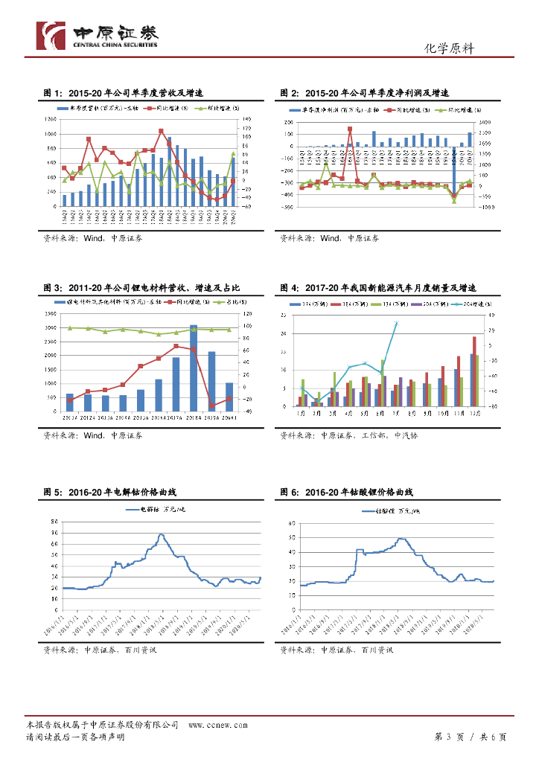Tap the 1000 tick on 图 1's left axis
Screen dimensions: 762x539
(51, 134)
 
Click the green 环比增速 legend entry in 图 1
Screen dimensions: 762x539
(214, 108)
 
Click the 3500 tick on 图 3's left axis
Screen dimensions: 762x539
(51, 315)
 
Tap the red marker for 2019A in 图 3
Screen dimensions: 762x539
(211, 406)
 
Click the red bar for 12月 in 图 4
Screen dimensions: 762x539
(474, 371)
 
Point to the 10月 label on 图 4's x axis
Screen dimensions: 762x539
(442, 413)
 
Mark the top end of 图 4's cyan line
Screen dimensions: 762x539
(396, 323)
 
